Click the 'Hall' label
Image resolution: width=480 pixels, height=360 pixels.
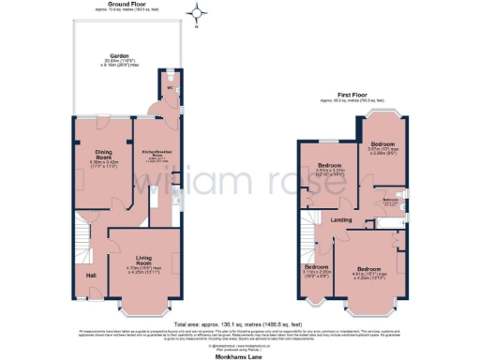91,276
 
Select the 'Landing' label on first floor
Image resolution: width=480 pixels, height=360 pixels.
342,220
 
